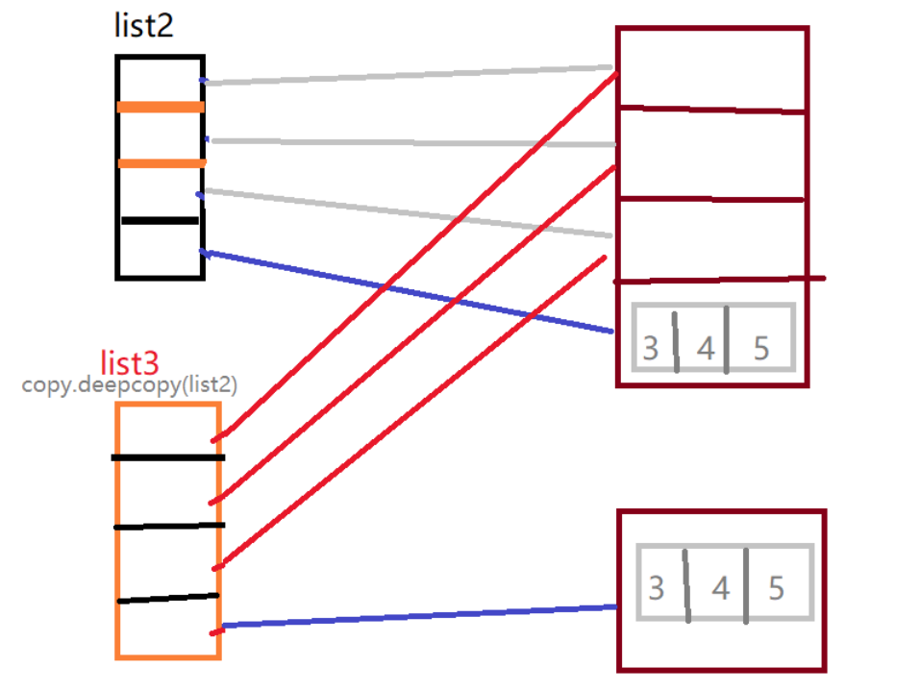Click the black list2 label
click(x=144, y=25)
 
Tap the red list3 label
click(x=130, y=363)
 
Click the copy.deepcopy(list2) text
click(x=130, y=384)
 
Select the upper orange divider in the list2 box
click(x=161, y=107)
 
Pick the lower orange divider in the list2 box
click(x=162, y=163)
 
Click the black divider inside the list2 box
click(x=160, y=221)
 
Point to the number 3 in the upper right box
click(x=651, y=347)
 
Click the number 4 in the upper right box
click(x=707, y=347)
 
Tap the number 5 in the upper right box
click(x=761, y=347)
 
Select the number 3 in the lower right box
click(x=656, y=587)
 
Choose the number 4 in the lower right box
click(x=720, y=587)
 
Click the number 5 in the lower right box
click(x=776, y=587)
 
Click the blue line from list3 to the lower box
click(x=418, y=616)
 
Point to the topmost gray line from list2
click(x=409, y=75)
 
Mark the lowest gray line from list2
click(x=409, y=213)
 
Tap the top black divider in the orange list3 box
click(x=168, y=457)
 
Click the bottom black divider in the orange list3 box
click(x=168, y=599)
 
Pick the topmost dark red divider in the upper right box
click(x=711, y=111)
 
